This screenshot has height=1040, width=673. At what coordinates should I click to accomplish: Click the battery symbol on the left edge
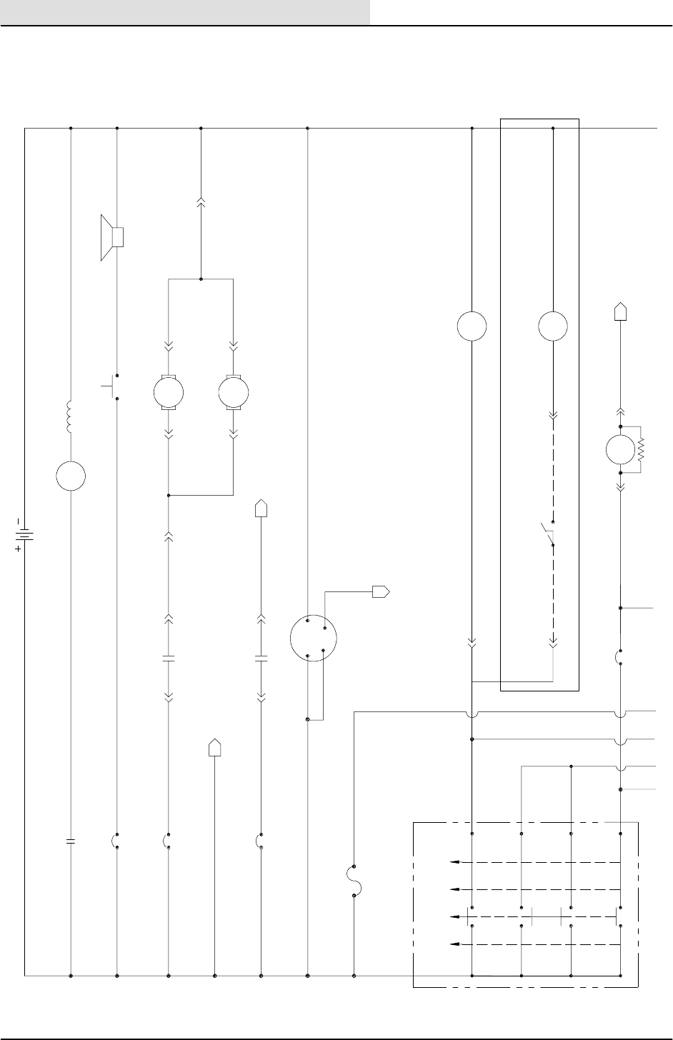click(25, 534)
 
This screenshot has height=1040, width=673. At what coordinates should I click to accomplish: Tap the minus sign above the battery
click(18, 521)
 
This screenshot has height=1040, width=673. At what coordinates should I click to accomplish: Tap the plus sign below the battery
click(18, 550)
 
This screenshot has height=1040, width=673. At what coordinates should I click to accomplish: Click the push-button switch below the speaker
click(112, 385)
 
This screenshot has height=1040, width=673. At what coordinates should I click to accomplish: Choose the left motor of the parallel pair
click(169, 392)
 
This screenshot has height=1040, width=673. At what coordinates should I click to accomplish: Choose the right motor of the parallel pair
click(234, 392)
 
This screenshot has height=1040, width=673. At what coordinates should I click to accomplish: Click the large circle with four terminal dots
click(314, 638)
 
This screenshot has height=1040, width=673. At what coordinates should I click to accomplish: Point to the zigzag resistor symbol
click(641, 450)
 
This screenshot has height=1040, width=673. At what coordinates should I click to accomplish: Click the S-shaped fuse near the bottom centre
click(354, 879)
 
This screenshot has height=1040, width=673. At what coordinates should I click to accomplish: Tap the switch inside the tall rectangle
click(549, 535)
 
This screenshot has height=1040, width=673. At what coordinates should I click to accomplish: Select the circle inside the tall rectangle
click(553, 326)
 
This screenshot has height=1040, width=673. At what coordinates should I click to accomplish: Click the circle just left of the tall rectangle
click(472, 326)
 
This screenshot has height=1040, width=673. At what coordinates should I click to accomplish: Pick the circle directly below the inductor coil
click(71, 476)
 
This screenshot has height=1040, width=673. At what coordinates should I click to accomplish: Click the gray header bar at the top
click(185, 11)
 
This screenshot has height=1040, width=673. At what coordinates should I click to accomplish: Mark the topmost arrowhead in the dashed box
click(453, 862)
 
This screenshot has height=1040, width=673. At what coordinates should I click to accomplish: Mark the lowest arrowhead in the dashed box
click(453, 944)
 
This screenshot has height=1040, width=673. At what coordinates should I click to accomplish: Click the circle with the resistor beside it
click(620, 450)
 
